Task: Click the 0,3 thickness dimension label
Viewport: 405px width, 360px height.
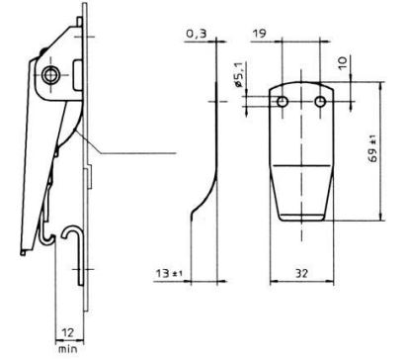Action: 197,34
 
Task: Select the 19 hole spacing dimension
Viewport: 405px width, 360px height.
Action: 259,34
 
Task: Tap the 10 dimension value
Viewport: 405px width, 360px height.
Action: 343,63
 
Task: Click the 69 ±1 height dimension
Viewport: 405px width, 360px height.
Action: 372,150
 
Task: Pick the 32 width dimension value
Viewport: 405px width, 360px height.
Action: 300,273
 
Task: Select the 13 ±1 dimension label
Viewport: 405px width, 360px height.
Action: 170,273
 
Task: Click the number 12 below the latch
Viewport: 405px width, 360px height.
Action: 68,332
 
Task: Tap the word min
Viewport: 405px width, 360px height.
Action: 68,348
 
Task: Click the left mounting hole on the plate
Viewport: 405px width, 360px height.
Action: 283,102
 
